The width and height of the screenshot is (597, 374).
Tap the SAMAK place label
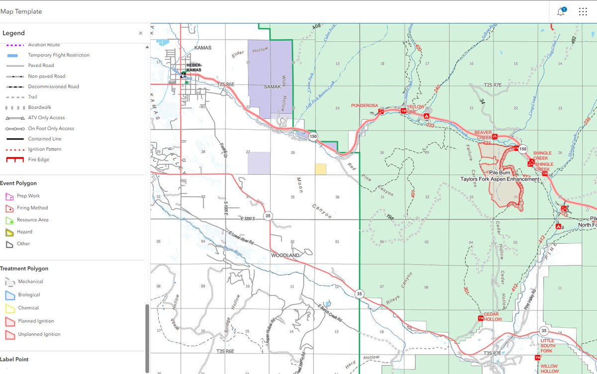coord(273,86)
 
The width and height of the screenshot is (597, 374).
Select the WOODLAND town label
coord(285,255)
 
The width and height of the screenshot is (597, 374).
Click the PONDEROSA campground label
coord(365,106)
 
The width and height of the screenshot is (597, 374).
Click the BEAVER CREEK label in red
coord(483,135)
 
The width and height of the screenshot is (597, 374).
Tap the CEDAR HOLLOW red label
coord(492,316)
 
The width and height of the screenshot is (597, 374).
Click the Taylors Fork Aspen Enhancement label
coord(499,179)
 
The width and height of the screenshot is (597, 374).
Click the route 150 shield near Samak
coord(312,136)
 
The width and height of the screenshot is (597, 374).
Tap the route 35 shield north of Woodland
coord(268,216)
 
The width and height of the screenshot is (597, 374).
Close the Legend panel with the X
coord(140,33)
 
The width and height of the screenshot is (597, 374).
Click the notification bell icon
coord(561,12)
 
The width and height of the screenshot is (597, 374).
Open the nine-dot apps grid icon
coord(583,12)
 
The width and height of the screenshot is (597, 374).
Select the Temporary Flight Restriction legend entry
coord(59,55)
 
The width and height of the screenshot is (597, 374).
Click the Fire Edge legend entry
coord(38,159)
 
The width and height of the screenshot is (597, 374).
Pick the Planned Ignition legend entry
coord(36,321)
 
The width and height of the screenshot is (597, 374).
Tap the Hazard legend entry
coord(24,231)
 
